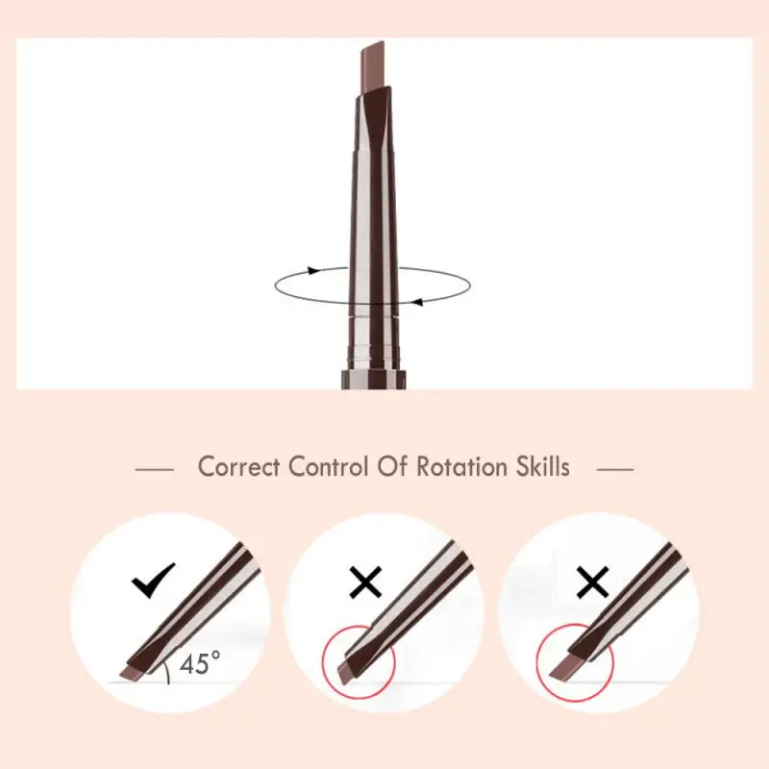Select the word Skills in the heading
(x=539, y=467)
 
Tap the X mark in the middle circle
(x=365, y=582)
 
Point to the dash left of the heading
(x=155, y=469)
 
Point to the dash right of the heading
(x=615, y=469)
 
